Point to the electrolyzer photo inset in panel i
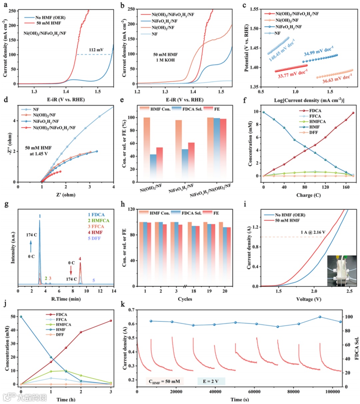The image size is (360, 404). coord(342,271)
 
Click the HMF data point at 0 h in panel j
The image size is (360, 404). coord(21,316)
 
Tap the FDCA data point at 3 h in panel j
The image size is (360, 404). coord(111,321)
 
